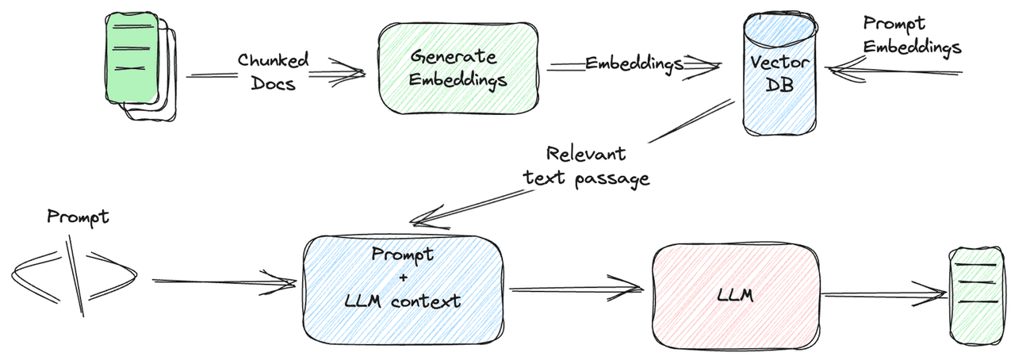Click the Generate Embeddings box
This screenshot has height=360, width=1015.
[x=458, y=67]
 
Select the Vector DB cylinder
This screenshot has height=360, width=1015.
[x=779, y=74]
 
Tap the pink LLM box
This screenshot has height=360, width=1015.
[x=736, y=297]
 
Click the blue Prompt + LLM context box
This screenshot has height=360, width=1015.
[x=404, y=290]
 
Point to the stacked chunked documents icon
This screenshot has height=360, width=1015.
[x=140, y=67]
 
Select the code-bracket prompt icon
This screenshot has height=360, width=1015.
[x=74, y=276]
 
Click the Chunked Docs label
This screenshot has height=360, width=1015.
[x=274, y=71]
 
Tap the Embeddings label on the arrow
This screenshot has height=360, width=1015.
[x=634, y=63]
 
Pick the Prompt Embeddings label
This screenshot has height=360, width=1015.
[x=911, y=36]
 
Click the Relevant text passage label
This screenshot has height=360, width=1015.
[x=587, y=167]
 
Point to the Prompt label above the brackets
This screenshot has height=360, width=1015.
[x=78, y=217]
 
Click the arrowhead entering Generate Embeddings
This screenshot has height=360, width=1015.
[x=349, y=72]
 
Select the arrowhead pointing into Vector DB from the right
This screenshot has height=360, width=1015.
[x=844, y=69]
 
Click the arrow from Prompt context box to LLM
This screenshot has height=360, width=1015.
[x=576, y=289]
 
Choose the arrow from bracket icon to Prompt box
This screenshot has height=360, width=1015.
[x=224, y=282]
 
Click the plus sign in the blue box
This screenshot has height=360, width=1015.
[x=404, y=278]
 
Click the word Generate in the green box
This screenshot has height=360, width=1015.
[x=453, y=57]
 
